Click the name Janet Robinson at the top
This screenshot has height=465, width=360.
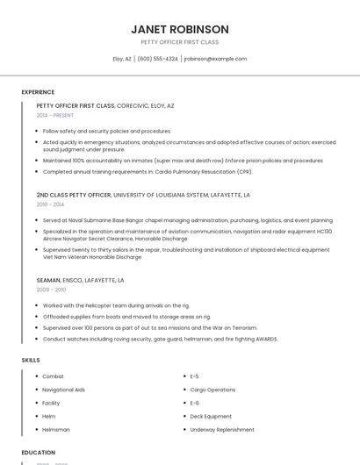(180, 29)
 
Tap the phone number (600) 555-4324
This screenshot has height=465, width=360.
(158, 59)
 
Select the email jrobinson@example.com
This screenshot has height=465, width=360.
(215, 59)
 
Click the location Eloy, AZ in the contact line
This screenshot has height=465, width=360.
(122, 59)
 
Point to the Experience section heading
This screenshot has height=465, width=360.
(38, 92)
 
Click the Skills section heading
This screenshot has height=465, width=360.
(31, 360)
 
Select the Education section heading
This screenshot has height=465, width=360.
(39, 453)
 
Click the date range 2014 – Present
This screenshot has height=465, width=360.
(55, 115)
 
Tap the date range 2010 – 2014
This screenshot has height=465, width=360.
(50, 204)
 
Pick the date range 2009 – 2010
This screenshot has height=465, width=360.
(51, 289)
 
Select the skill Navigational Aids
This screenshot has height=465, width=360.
(63, 390)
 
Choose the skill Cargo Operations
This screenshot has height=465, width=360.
(212, 390)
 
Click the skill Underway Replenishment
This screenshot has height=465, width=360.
(222, 430)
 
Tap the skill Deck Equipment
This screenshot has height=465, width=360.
(211, 417)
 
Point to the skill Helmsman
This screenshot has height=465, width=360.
(55, 430)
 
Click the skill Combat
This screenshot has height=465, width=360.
(53, 376)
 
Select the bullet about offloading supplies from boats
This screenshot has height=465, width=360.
(126, 316)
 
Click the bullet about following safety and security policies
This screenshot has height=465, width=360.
(106, 131)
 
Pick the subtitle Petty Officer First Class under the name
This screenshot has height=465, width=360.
(180, 42)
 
